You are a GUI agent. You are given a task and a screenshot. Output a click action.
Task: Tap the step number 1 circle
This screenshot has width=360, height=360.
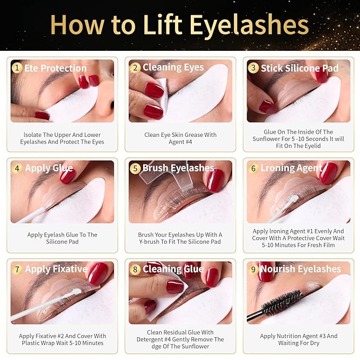17,68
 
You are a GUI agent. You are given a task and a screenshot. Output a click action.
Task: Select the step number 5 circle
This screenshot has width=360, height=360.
135,169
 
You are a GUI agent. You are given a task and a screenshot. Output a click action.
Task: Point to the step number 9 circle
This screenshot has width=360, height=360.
253,269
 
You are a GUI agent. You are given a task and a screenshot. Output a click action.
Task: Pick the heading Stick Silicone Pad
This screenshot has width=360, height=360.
298,68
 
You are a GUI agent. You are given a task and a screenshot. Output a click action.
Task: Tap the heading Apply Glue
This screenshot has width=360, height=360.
49,169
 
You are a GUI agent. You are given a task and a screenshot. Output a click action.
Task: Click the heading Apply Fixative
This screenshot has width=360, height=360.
56,269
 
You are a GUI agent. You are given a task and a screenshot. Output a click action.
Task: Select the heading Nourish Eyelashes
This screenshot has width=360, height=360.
301,269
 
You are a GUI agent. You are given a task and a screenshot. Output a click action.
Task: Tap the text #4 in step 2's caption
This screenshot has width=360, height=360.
187,142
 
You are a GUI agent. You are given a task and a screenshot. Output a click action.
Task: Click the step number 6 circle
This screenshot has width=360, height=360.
253,168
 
